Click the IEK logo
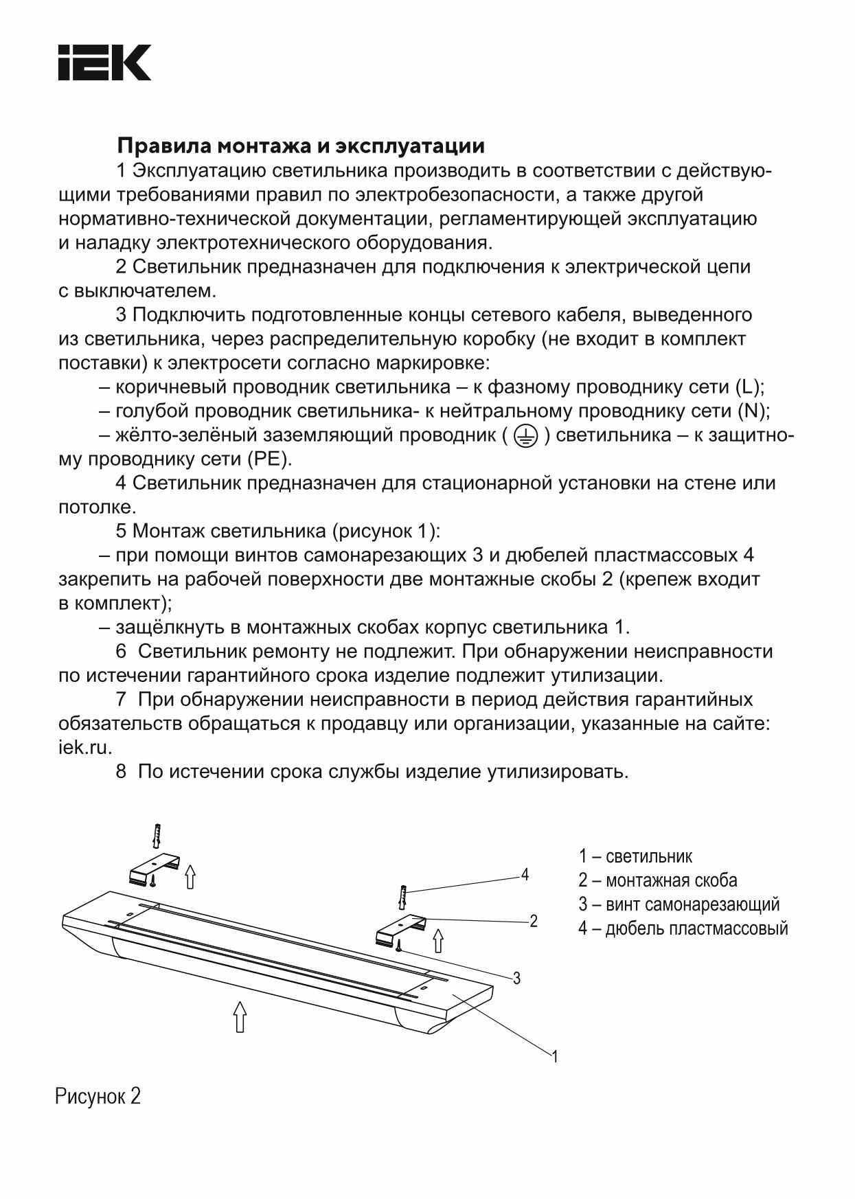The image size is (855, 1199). [x=104, y=63]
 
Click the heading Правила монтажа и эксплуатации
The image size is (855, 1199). [x=301, y=146]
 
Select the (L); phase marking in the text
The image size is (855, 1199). [x=749, y=387]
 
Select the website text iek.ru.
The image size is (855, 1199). [x=85, y=748]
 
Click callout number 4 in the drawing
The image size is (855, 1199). [x=525, y=875]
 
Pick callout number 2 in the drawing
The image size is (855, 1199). [x=533, y=922]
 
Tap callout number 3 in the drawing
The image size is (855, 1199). [x=516, y=979]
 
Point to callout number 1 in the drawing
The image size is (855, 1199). [x=555, y=1057]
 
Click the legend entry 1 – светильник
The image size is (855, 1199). [x=635, y=856]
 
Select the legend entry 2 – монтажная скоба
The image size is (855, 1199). [x=657, y=880]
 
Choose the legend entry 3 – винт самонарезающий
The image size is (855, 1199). [x=679, y=904]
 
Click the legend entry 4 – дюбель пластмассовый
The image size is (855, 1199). [x=683, y=928]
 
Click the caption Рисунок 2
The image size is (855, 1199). [x=98, y=1096]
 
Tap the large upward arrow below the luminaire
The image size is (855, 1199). [x=240, y=1016]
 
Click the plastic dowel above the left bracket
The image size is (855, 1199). [x=158, y=836]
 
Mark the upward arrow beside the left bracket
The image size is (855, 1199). [x=190, y=876]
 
